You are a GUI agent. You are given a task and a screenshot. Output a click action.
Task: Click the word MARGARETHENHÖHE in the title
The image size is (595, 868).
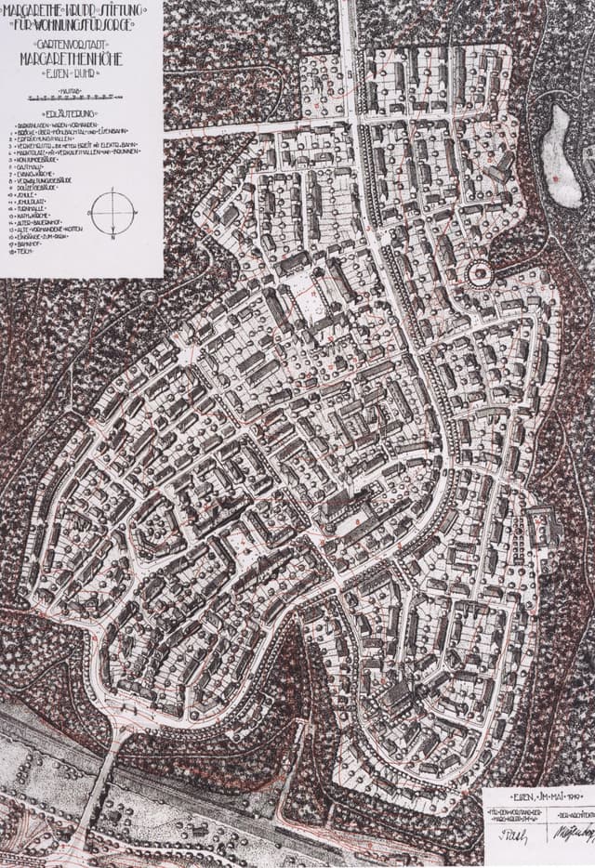click(82, 55)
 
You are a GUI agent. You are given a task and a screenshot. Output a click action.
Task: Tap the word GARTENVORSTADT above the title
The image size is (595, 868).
click(82, 43)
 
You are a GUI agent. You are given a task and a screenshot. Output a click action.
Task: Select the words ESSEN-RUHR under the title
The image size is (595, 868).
click(82, 69)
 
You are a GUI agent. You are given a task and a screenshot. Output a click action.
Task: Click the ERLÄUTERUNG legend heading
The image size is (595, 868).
click(82, 113)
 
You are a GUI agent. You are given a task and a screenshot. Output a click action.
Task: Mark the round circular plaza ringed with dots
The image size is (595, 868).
click(479, 273)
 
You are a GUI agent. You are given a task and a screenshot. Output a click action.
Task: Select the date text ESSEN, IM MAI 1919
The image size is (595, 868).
click(538, 796)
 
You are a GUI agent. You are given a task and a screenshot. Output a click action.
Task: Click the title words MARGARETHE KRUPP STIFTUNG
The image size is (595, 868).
click(82, 10)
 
